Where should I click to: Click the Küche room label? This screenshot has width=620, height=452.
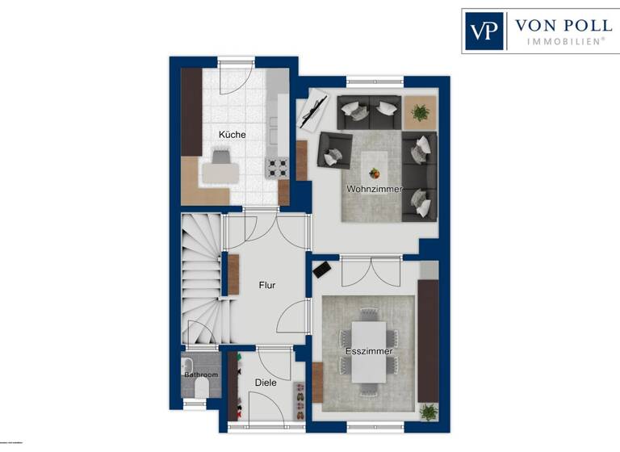(x=232, y=135)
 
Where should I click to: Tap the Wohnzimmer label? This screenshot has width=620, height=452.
(x=374, y=189)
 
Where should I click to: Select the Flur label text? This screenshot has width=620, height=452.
(x=267, y=285)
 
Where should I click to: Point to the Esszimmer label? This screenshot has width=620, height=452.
(x=368, y=352)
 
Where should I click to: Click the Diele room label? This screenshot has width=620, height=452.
(x=266, y=383)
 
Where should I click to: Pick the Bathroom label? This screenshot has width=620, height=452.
(x=200, y=375)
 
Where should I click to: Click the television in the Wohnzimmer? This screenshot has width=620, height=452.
(x=313, y=111)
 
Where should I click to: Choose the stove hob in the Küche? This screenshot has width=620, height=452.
(x=278, y=168)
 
